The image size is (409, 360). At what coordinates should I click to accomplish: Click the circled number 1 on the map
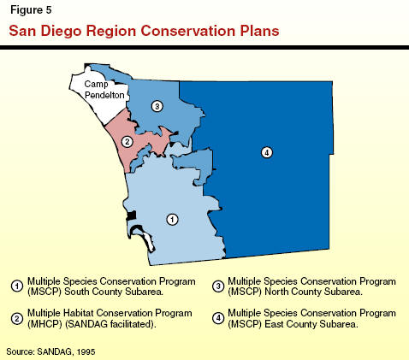click(x=172, y=220)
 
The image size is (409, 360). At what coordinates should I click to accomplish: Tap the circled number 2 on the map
click(x=127, y=142)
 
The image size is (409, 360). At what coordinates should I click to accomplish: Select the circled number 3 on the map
click(x=157, y=106)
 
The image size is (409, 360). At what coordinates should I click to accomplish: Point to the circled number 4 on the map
click(x=267, y=152)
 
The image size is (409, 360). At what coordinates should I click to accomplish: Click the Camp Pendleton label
click(x=104, y=90)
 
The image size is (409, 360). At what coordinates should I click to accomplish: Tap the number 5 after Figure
click(x=48, y=10)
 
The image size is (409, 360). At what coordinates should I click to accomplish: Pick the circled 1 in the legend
click(x=17, y=286)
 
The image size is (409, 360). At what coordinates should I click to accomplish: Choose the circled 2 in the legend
click(x=17, y=318)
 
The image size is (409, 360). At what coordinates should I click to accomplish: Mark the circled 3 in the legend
click(x=218, y=286)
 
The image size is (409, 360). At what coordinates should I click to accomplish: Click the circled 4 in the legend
click(x=218, y=318)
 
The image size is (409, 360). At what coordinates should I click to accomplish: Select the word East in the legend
click(x=274, y=324)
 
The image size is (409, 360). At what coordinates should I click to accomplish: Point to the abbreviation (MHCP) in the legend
click(x=44, y=324)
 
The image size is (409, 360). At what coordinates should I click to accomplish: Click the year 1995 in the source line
click(x=86, y=351)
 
